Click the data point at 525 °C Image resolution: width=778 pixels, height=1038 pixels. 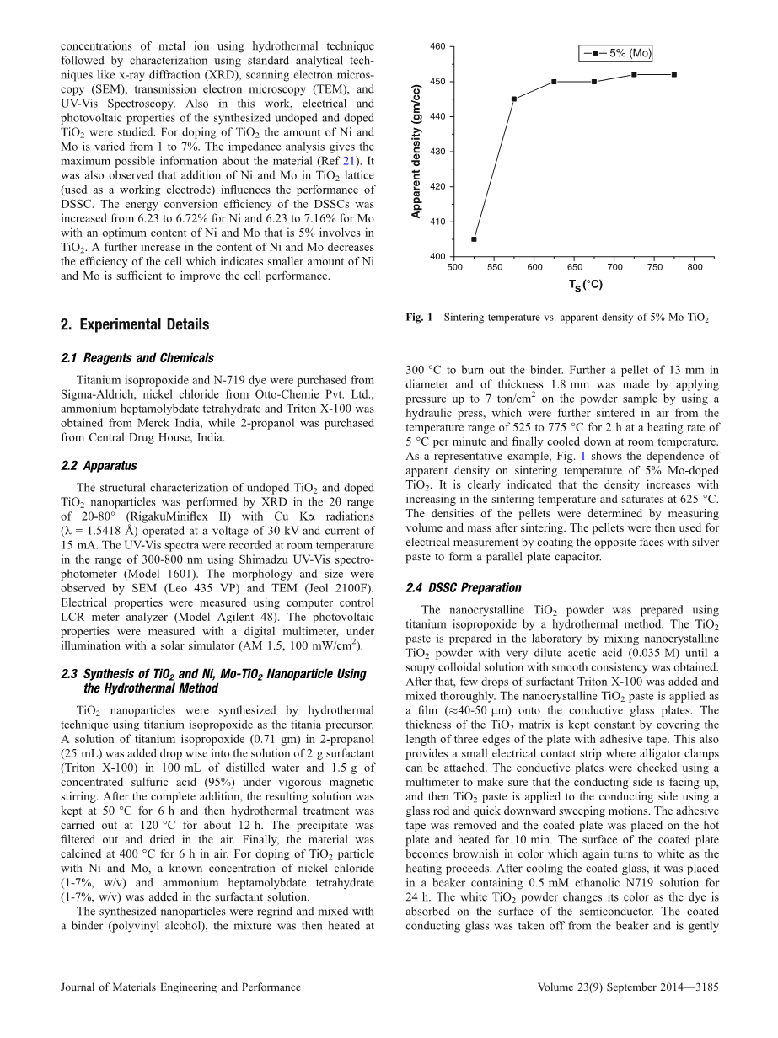(x=474, y=239)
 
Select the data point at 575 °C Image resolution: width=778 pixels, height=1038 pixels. (x=514, y=99)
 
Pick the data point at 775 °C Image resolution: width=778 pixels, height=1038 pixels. (x=674, y=74)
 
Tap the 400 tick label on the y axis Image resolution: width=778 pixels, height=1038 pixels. (x=437, y=256)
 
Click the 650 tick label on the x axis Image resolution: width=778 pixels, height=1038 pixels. (x=575, y=267)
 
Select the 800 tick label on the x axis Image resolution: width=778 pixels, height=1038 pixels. (x=695, y=267)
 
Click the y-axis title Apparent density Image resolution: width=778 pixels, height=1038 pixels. (x=416, y=152)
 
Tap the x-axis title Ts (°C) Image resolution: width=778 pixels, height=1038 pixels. (x=585, y=285)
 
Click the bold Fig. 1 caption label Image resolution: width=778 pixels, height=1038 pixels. (x=419, y=318)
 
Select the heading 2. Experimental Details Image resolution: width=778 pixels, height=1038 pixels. (x=135, y=325)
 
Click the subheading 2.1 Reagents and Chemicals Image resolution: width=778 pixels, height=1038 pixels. (x=137, y=358)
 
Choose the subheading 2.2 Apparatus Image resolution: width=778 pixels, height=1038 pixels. (x=99, y=465)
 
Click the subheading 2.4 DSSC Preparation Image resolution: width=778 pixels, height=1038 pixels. (x=463, y=588)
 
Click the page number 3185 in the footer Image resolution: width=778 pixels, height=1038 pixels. (x=704, y=987)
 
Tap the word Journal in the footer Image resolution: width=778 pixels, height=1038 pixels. (x=80, y=987)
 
